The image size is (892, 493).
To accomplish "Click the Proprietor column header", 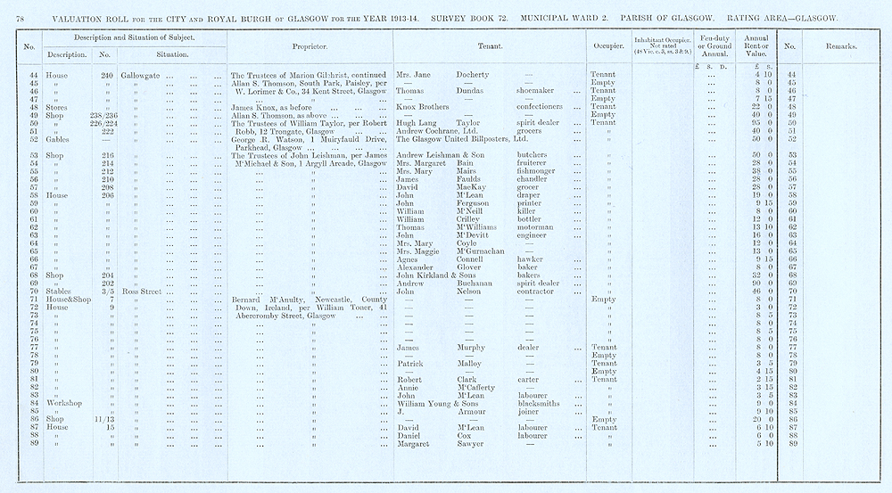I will coord(309,45).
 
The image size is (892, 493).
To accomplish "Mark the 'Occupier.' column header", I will coord(607,45).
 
